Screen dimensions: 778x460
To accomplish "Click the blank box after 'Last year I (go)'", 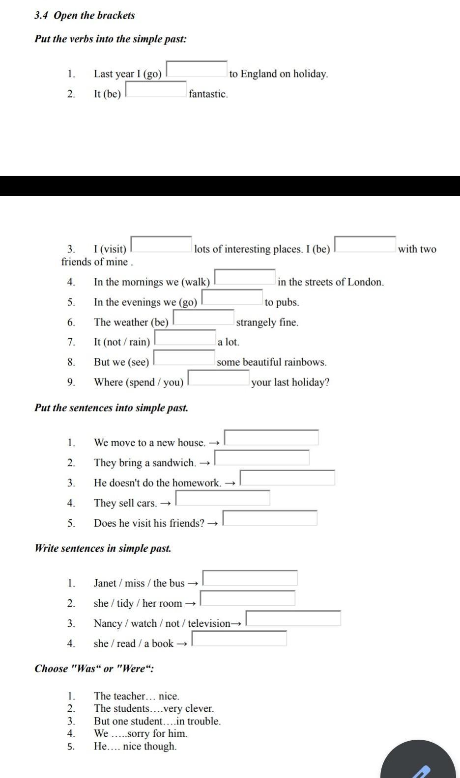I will [x=197, y=69].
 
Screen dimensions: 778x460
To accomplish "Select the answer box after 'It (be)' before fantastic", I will [x=156, y=89].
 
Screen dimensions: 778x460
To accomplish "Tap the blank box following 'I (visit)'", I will [x=161, y=244].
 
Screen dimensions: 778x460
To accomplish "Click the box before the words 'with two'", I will [x=365, y=244].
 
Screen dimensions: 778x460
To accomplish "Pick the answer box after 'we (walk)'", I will [x=245, y=277].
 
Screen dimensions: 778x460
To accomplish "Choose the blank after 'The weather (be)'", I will [x=203, y=318].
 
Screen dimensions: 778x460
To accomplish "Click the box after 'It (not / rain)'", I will [x=185, y=338].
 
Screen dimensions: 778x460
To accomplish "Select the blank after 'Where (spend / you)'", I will [x=219, y=377].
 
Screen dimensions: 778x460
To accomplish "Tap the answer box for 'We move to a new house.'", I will [x=271, y=437].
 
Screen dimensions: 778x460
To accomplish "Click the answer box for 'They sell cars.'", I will [x=223, y=498].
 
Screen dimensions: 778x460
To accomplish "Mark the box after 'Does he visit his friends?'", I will [x=270, y=518].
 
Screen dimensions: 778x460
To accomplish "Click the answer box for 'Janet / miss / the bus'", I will [x=250, y=578].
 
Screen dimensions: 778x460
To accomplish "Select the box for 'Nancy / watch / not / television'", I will [x=293, y=618].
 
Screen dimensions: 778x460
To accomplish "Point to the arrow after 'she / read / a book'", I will [x=181, y=644].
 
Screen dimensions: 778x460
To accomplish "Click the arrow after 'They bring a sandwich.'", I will [x=204, y=463].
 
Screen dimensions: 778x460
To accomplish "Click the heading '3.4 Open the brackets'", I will [x=85, y=15].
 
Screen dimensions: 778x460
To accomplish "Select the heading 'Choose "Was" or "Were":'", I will [x=94, y=669].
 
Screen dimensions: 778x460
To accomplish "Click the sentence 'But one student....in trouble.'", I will [x=157, y=721].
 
